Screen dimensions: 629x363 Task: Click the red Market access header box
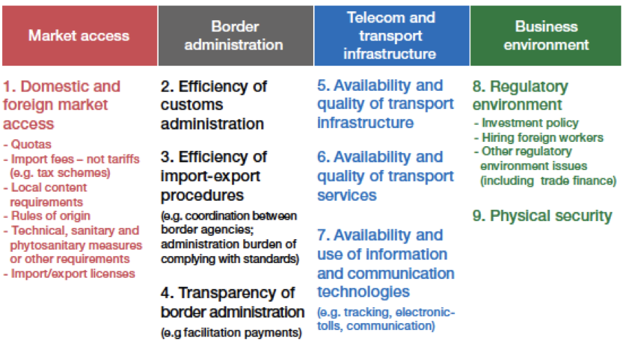(80, 36)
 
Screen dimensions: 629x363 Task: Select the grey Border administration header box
(236, 36)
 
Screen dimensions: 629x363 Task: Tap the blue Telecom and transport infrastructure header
(391, 36)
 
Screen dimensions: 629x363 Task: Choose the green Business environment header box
(546, 36)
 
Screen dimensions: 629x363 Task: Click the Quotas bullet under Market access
(27, 144)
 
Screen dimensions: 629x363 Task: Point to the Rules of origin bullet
(47, 216)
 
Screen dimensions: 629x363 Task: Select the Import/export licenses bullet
(69, 274)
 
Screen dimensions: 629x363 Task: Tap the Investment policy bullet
(526, 123)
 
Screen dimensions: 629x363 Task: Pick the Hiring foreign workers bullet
(538, 138)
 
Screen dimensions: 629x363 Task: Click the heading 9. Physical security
(542, 216)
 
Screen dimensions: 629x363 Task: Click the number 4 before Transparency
(166, 293)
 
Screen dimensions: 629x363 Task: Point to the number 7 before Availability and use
(322, 235)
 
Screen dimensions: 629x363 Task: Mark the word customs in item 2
(191, 105)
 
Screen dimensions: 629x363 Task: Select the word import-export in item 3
(210, 177)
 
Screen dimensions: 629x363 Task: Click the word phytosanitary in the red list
(76, 245)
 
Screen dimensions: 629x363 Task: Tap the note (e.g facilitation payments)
(231, 333)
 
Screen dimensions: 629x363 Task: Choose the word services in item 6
(347, 196)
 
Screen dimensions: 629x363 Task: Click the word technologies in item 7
(363, 292)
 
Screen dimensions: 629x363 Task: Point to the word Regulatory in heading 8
(529, 87)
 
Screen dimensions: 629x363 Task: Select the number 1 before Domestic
(8, 87)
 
